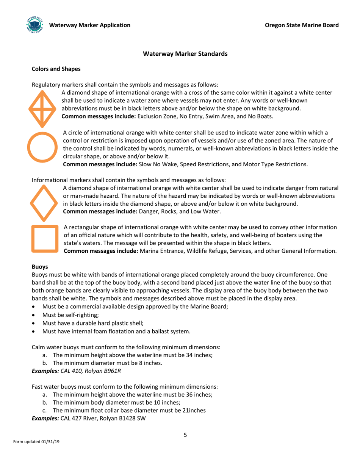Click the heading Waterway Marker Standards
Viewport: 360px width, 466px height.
pos(185,54)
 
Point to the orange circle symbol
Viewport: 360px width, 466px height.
pos(43,147)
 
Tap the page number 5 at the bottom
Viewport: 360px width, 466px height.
pos(185,435)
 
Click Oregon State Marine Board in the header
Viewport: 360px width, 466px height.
pos(302,25)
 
